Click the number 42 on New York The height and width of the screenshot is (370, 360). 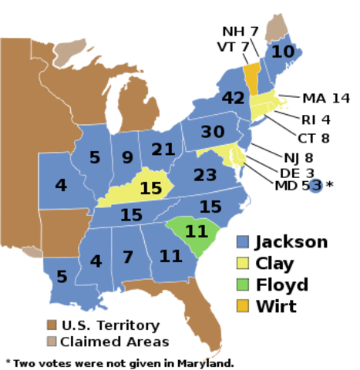233,99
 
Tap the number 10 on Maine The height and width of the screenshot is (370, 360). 283,52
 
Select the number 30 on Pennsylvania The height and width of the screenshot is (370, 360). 212,132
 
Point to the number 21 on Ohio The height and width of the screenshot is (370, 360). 163,150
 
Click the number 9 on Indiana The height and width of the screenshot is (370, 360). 127,158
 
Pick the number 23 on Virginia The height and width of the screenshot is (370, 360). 205,176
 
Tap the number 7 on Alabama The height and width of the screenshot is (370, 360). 128,257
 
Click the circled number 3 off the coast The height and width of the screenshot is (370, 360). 315,186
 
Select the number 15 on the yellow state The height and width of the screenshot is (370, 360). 150,188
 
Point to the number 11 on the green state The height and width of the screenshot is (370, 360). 197,230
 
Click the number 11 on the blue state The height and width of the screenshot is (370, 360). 170,256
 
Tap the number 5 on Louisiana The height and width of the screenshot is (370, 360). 62,277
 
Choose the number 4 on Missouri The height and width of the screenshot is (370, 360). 61,186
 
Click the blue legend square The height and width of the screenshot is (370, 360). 243,241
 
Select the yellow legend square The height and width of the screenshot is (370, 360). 243,263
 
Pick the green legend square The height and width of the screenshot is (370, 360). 243,284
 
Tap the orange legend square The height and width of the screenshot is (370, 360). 243,306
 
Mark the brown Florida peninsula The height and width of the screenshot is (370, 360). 206,328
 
